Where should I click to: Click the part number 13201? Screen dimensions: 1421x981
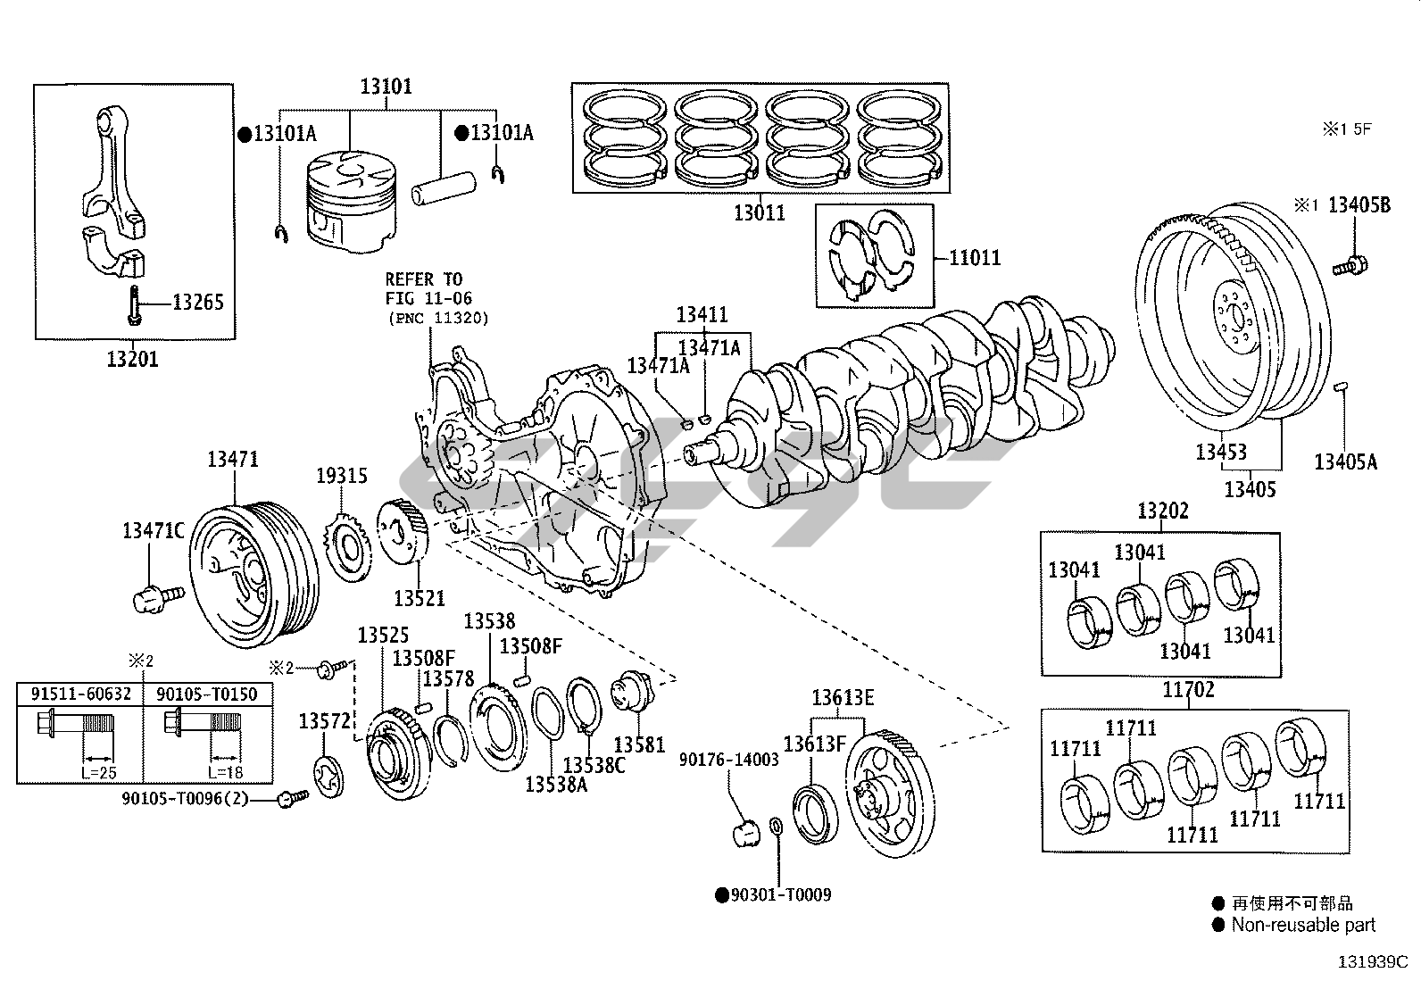132,359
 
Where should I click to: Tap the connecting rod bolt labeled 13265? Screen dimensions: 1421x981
134,305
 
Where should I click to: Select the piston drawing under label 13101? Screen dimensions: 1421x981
351,201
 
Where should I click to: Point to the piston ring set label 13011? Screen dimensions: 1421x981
760,213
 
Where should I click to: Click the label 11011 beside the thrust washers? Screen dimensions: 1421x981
975,258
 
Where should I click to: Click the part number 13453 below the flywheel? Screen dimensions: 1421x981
1221,452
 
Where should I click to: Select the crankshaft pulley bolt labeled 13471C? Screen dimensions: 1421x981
159,597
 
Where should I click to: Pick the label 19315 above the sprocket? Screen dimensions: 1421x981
342,475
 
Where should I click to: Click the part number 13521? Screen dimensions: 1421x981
420,598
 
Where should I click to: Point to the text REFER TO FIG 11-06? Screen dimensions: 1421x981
428,288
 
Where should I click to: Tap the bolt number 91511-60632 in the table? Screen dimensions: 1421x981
80,694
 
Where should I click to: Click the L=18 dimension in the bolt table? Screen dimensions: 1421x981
225,772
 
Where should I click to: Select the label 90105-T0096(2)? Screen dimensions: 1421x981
186,798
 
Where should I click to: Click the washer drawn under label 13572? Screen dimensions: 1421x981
329,776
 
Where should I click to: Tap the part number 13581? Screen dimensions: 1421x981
639,744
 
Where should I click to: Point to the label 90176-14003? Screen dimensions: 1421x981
729,760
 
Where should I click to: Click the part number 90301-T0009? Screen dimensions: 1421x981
780,894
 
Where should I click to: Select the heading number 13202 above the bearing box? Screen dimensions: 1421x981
1163,511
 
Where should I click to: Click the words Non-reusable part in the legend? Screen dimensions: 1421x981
1303,925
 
